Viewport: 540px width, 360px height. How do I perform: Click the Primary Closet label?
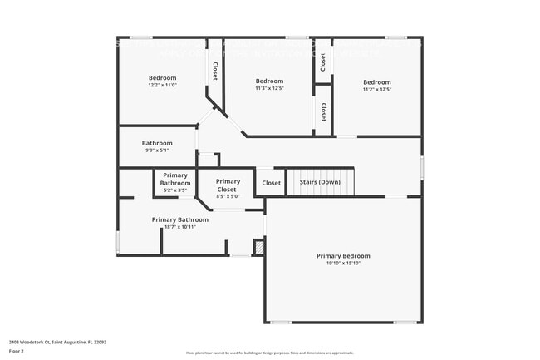pyautogui.click(x=228, y=185)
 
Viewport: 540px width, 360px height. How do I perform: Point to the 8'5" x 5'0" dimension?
pyautogui.click(x=228, y=196)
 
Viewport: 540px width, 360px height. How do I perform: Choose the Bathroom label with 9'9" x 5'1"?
pyautogui.click(x=157, y=143)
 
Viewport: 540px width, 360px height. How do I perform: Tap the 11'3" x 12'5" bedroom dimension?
pyautogui.click(x=270, y=88)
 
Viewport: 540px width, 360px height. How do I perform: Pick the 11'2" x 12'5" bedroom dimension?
pyautogui.click(x=376, y=89)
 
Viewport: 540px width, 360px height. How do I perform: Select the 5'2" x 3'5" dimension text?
pyautogui.click(x=175, y=190)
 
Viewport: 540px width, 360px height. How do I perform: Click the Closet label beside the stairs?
pyautogui.click(x=272, y=183)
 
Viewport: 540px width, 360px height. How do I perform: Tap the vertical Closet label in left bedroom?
pyautogui.click(x=215, y=72)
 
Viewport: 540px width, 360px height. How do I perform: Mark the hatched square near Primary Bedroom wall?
pyautogui.click(x=258, y=247)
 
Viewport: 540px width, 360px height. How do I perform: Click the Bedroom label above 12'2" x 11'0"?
pyautogui.click(x=164, y=78)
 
